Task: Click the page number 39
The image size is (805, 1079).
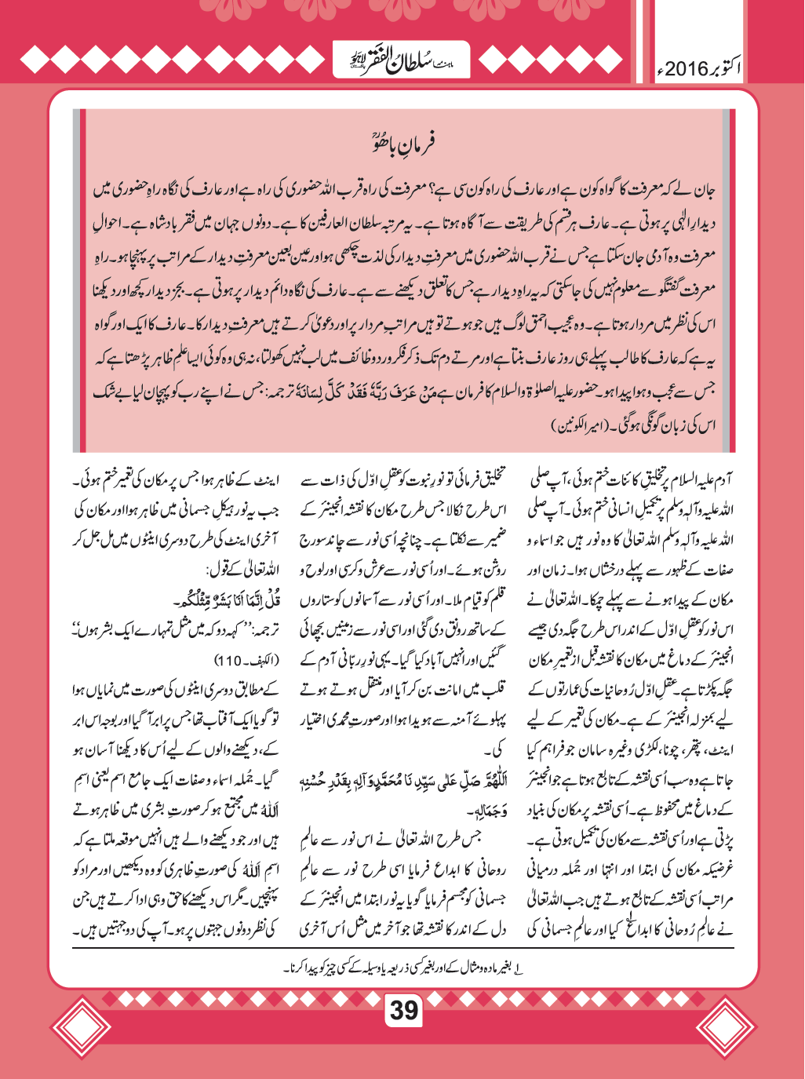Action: point(404,1009)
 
